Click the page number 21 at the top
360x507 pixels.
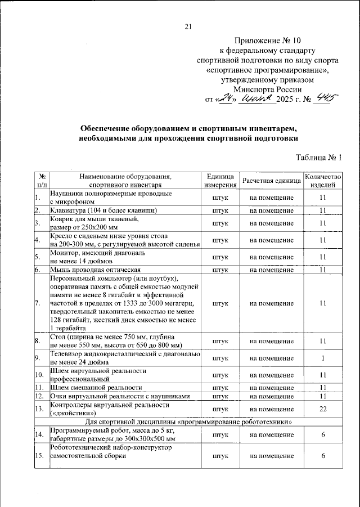click(188, 26)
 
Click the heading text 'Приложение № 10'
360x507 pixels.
click(268, 41)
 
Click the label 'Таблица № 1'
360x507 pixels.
click(318, 157)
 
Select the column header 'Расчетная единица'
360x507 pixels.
click(272, 180)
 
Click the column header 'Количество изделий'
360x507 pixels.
click(323, 180)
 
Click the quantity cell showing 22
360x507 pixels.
click(323, 409)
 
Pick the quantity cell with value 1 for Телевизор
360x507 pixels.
click(323, 358)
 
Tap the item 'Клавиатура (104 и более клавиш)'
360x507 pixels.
click(103, 210)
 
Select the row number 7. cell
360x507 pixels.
click(39, 303)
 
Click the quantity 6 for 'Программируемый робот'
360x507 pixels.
click(323, 434)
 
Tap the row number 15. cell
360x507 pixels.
click(39, 456)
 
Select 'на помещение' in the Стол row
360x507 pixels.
click(272, 341)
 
